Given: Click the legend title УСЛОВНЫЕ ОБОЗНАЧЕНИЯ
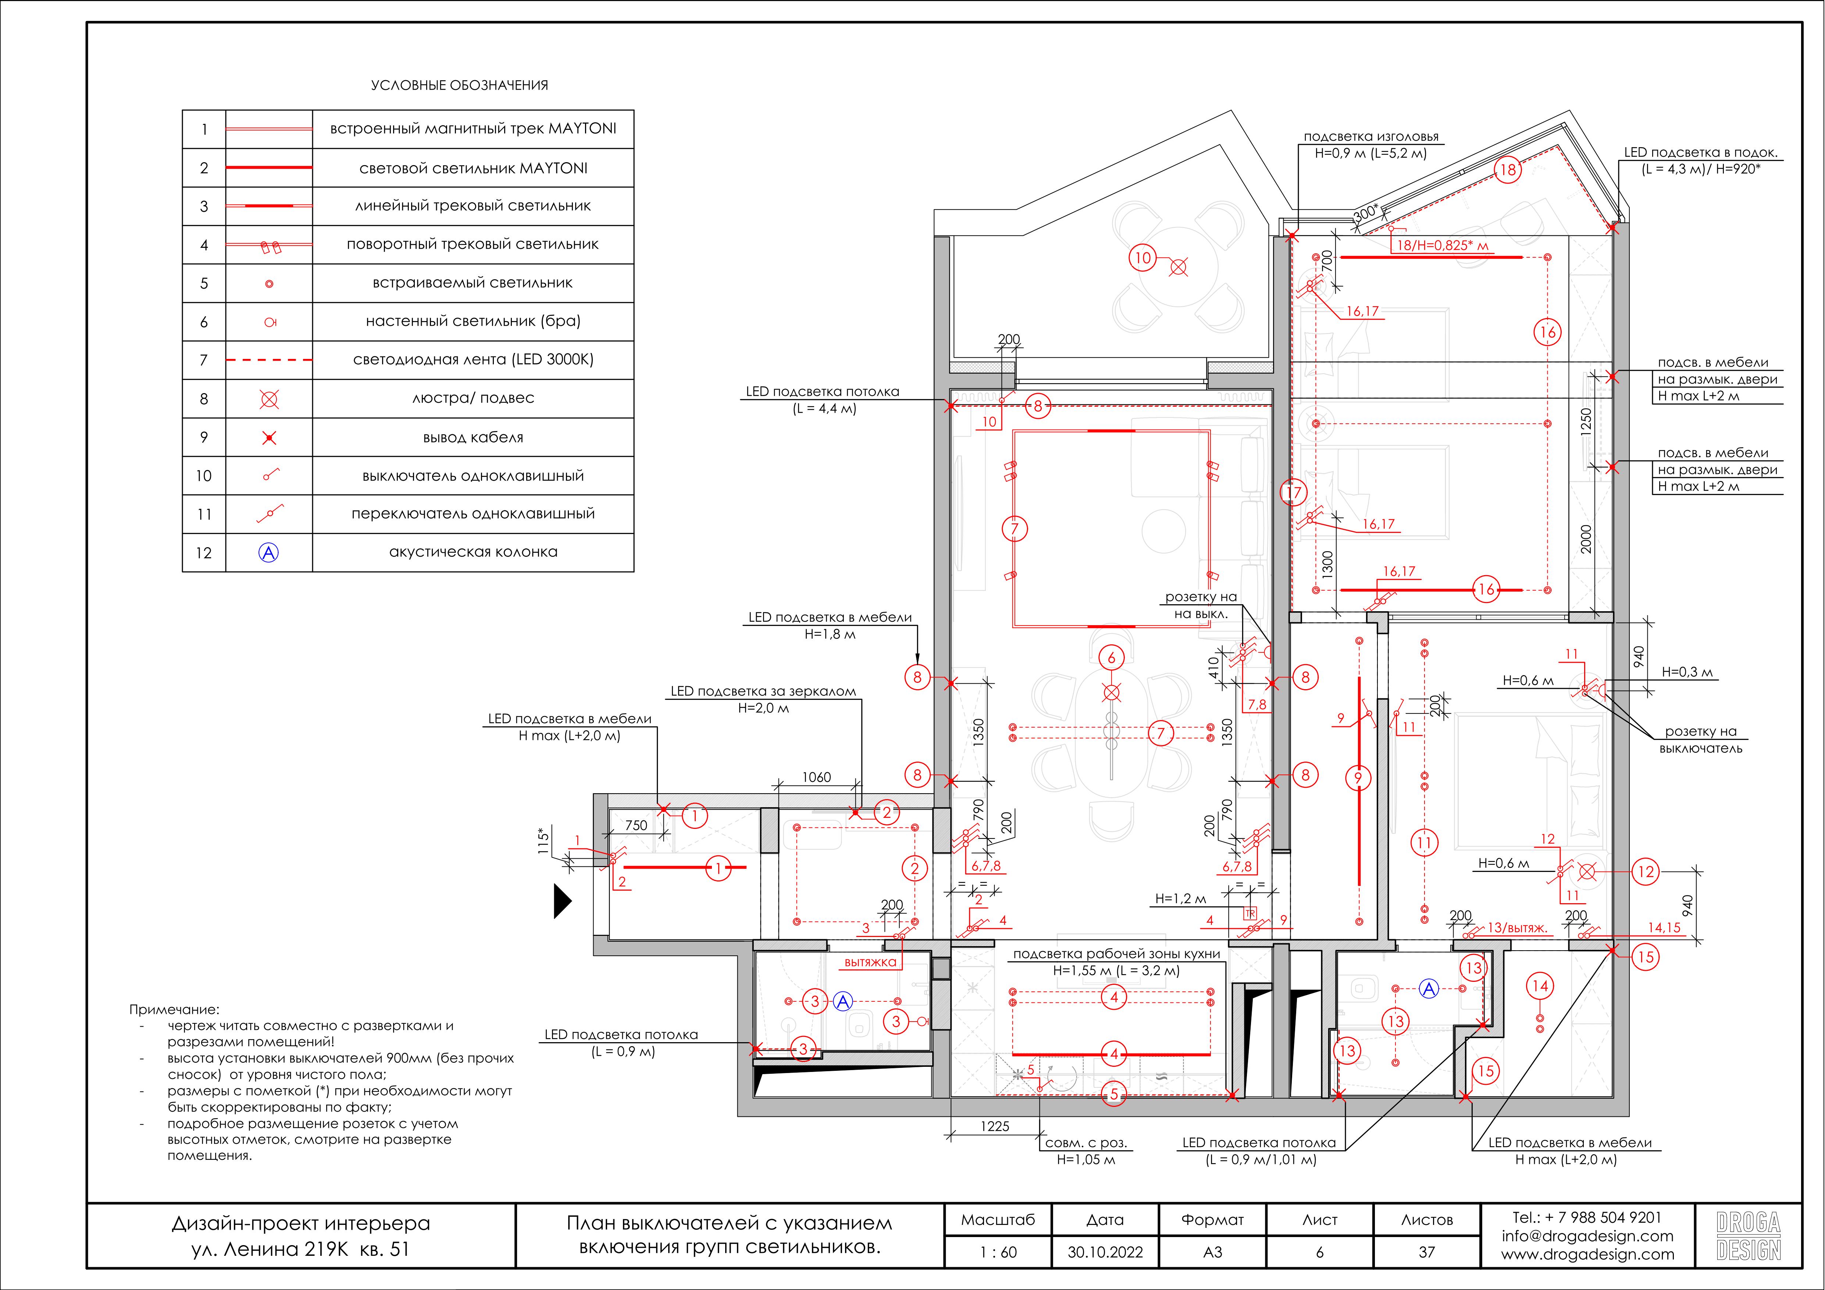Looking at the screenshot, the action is tap(459, 85).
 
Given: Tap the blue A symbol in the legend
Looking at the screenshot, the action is tap(270, 552).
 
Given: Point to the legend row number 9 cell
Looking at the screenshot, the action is tap(204, 437).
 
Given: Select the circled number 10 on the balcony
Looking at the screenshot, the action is tap(1142, 257).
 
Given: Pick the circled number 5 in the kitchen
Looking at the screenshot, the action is tap(1113, 1094).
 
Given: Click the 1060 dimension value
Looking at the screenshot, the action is tap(816, 777).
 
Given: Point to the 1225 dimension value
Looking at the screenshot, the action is tap(994, 1126).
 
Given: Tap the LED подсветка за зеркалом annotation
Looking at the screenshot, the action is tap(763, 691).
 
